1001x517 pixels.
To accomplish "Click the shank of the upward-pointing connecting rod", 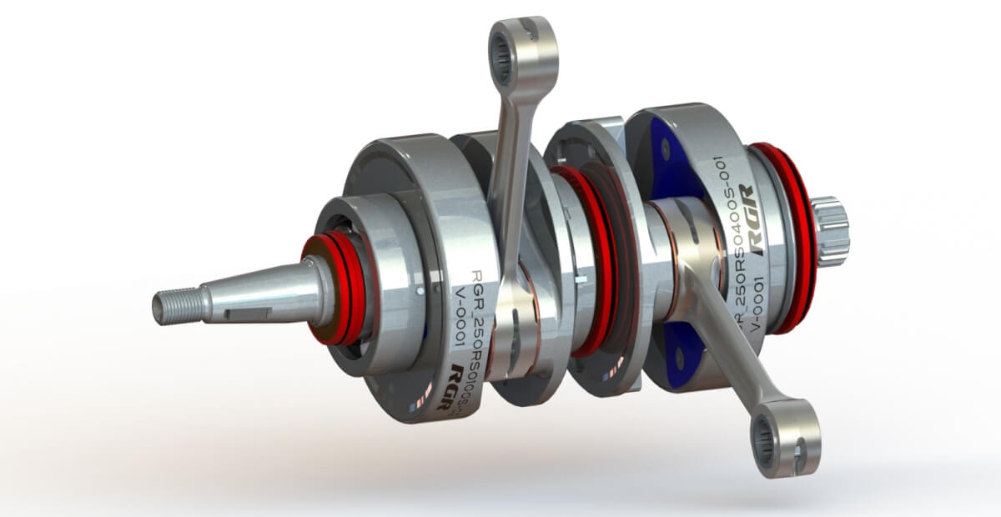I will pos(511,167).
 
